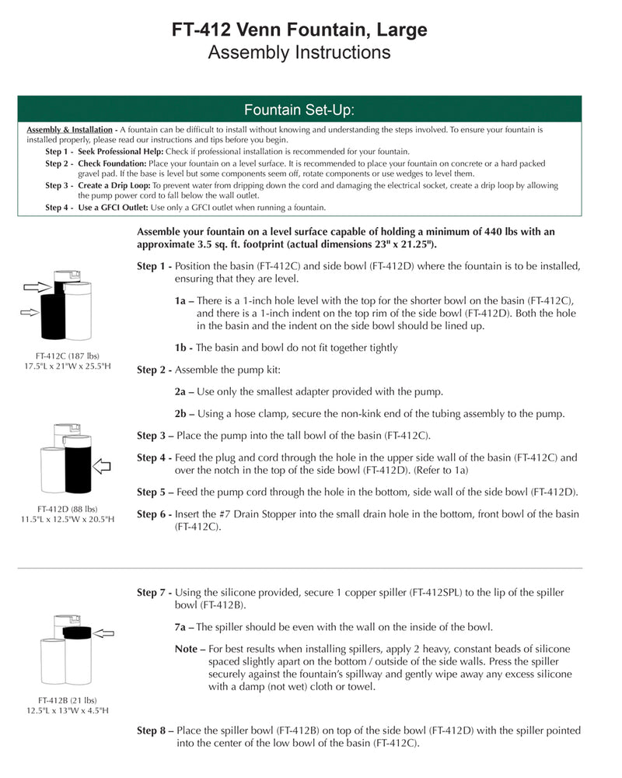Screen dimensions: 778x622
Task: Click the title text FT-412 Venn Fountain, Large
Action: click(299, 30)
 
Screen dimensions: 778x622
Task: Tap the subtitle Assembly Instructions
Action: click(299, 53)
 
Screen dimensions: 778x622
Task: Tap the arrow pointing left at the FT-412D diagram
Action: click(102, 466)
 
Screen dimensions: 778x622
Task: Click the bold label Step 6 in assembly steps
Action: click(154, 514)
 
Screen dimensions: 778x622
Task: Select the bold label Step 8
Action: click(154, 731)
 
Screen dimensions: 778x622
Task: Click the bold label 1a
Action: click(183, 300)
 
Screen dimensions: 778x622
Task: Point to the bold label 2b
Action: click(183, 413)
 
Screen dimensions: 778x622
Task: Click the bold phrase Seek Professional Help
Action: click(120, 151)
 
